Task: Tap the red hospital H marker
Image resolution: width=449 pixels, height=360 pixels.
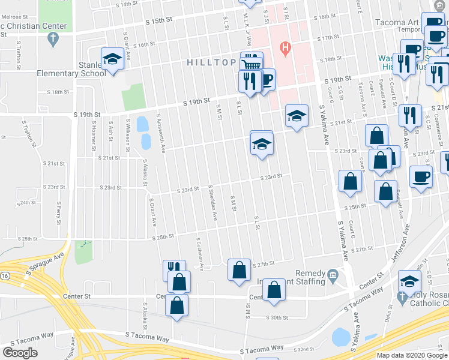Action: pos(285,47)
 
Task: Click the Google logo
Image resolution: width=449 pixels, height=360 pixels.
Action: pos(20,353)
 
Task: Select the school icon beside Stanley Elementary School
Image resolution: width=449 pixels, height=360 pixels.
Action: pos(112,59)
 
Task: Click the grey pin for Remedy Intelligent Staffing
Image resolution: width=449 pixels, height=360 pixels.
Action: pos(334,275)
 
